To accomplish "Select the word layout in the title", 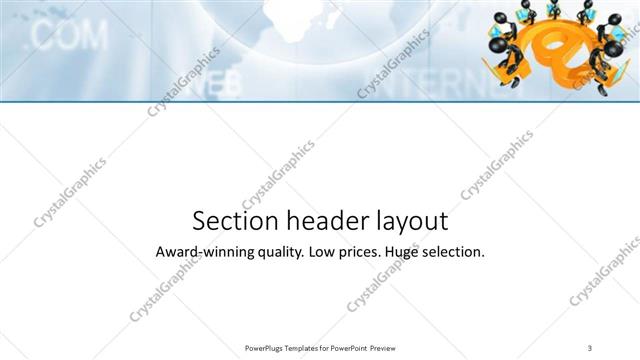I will click(x=409, y=221).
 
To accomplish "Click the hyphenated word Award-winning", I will click(x=200, y=252).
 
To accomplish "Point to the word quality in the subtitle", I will click(x=276, y=253).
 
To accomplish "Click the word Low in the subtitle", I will click(x=325, y=252).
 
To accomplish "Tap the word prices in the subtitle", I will click(x=363, y=253).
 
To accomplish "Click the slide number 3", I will click(x=590, y=347).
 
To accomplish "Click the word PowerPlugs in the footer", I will click(x=264, y=347).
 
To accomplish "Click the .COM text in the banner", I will click(x=68, y=37).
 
